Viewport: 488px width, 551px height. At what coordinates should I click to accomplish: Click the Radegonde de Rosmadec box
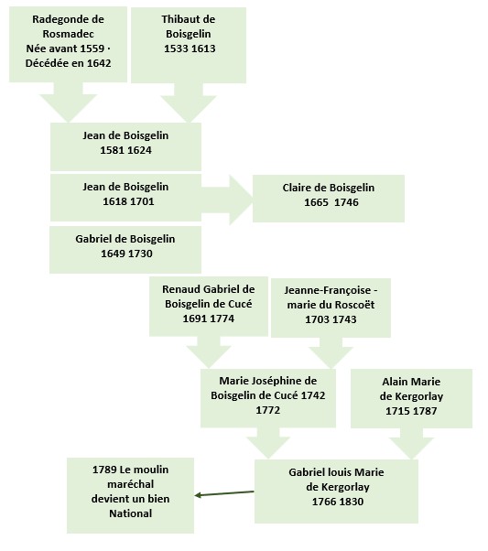pos(68,45)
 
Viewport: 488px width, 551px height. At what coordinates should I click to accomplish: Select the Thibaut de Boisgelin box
pos(189,46)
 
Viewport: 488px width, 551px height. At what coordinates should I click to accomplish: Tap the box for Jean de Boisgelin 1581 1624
pos(125,146)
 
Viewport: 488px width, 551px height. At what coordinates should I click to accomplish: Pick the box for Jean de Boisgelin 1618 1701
pos(125,198)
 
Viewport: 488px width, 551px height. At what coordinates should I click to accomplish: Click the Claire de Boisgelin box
pos(329,199)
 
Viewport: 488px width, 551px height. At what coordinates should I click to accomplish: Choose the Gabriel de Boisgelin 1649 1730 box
pos(125,250)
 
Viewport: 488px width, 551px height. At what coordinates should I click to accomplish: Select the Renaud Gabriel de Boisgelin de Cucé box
pos(209,307)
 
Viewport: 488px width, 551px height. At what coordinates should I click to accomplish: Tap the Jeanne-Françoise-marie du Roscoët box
pos(331,308)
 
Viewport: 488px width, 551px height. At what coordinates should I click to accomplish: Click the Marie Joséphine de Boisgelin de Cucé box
pos(268,398)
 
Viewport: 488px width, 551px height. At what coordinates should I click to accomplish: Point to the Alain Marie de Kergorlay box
pos(411,398)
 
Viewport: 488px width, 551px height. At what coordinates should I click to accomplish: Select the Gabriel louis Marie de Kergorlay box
pos(336,492)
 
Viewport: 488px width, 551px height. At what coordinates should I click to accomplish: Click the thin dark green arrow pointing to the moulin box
pos(224,493)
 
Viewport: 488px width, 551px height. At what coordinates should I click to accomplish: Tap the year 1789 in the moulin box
pos(104,470)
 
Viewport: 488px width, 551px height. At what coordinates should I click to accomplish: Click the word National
pos(130,513)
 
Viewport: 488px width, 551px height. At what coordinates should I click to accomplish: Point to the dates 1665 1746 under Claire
pos(331,202)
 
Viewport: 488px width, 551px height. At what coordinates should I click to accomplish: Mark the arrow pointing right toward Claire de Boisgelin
pos(227,200)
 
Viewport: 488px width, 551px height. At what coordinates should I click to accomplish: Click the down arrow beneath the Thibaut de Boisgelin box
pos(189,103)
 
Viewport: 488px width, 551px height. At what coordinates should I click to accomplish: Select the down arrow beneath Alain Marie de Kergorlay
pos(411,444)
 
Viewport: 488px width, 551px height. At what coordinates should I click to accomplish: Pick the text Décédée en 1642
pos(68,63)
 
